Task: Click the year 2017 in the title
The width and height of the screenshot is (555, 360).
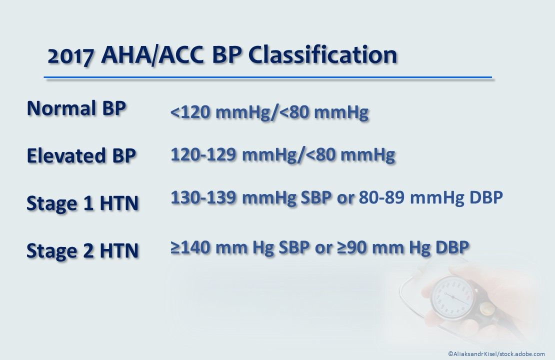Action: click(x=70, y=55)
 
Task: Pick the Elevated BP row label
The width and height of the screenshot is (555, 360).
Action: click(x=80, y=155)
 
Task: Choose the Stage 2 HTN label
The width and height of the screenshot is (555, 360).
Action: click(x=82, y=250)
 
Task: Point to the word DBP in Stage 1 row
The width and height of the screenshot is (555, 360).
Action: click(x=485, y=198)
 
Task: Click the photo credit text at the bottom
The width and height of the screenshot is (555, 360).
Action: click(x=496, y=353)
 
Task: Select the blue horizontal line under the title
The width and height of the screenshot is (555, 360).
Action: click(x=268, y=78)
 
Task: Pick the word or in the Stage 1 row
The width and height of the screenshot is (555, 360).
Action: click(x=345, y=198)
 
